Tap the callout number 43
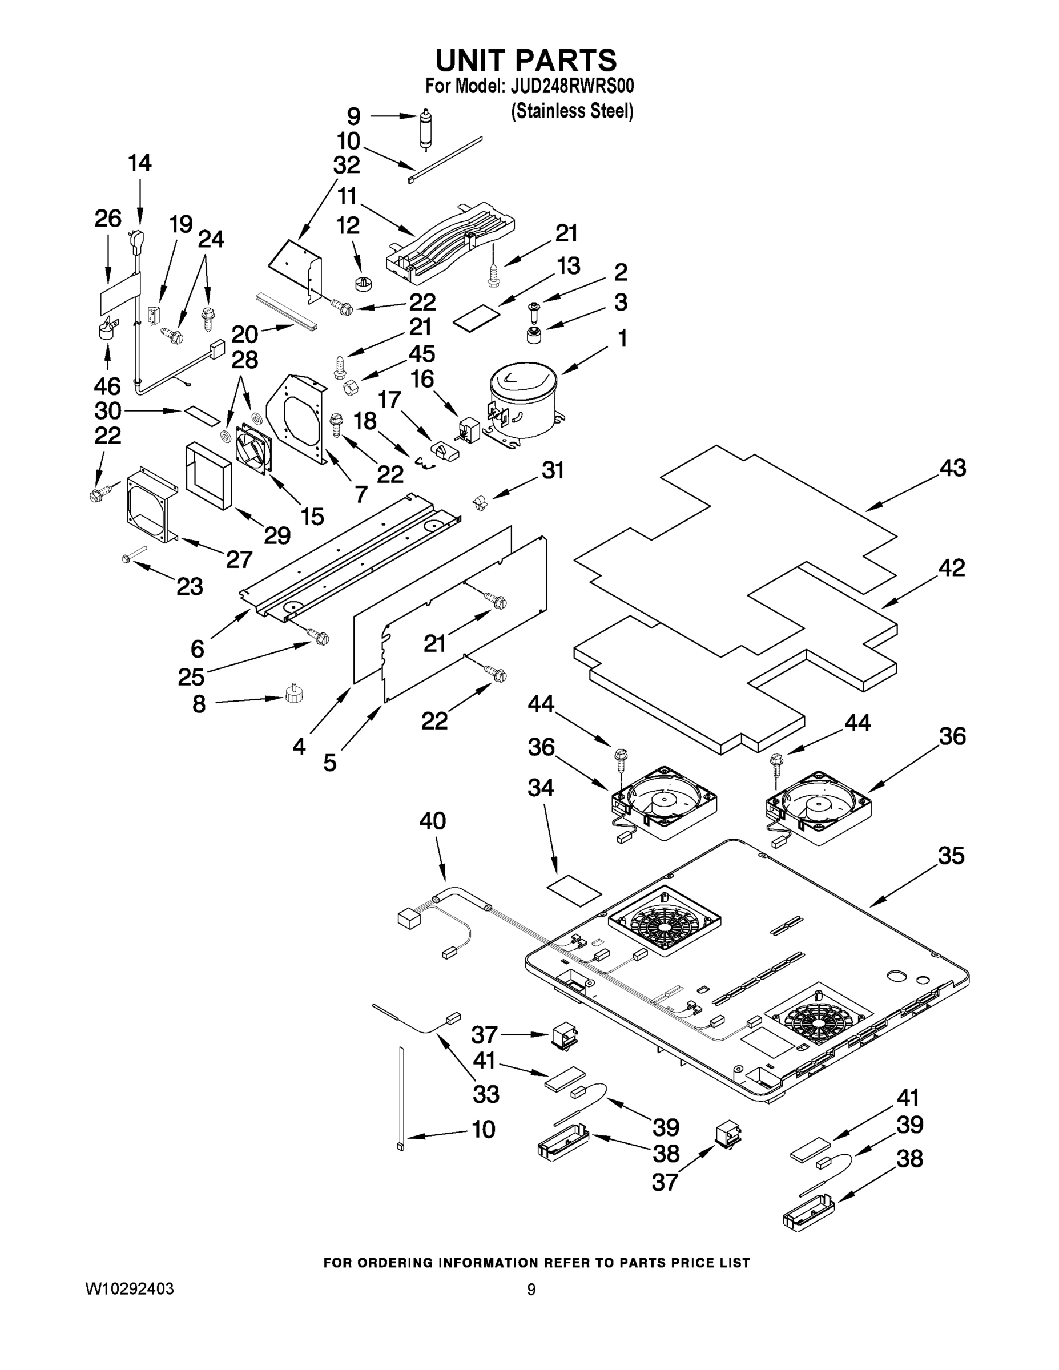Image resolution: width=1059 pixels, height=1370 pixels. (x=952, y=468)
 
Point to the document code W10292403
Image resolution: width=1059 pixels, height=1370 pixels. (x=129, y=1289)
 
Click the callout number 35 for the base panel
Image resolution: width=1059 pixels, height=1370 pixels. (x=951, y=856)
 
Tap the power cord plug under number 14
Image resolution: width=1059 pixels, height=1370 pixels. (x=139, y=240)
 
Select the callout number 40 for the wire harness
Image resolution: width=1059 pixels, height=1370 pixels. (x=432, y=820)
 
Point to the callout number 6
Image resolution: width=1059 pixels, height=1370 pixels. (x=198, y=648)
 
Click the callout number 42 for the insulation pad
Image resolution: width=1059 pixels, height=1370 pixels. (x=951, y=568)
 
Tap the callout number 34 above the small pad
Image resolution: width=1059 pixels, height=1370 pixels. (x=541, y=787)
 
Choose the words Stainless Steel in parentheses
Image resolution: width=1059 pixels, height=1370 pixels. (x=572, y=111)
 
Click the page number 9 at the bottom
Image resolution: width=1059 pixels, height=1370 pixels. (x=531, y=1290)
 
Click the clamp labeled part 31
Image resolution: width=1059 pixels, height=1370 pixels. (x=480, y=502)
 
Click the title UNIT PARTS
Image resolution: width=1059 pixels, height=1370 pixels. (x=526, y=60)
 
